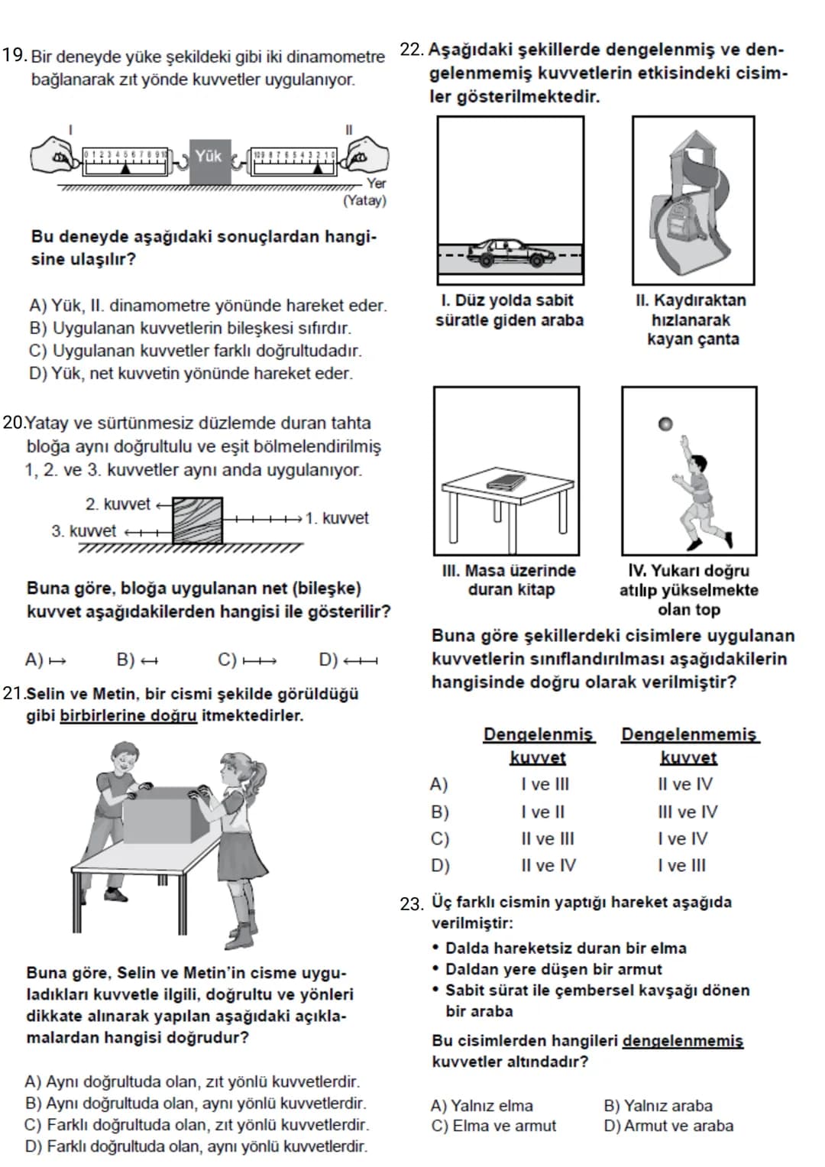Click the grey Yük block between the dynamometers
point(210,161)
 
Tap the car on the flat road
point(506,252)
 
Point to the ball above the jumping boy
point(665,424)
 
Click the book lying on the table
point(503,481)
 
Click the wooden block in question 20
point(197,520)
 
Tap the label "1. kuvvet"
point(337,518)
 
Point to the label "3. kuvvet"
point(84,531)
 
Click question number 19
point(14,55)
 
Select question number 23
point(412,904)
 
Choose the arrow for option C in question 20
point(260,662)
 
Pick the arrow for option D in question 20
point(361,662)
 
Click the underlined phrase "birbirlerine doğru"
point(128,716)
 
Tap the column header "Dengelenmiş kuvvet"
point(539,746)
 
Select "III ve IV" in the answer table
point(687,812)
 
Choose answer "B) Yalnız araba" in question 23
point(658,1106)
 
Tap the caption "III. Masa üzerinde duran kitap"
point(509,580)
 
